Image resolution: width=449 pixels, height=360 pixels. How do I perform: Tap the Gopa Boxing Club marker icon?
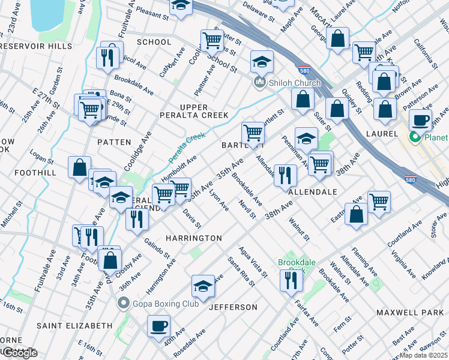pyautogui.click(x=124, y=303)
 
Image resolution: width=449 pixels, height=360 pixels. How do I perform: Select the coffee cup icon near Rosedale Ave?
pyautogui.click(x=158, y=326)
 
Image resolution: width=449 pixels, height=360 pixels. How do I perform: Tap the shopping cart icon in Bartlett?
pyautogui.click(x=253, y=133)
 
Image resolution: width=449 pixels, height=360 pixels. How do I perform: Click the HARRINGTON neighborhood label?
pyautogui.click(x=194, y=238)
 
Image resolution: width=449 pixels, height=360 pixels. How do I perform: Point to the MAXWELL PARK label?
pyautogui.click(x=409, y=313)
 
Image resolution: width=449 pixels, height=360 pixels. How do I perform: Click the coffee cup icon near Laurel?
pyautogui.click(x=420, y=119)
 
